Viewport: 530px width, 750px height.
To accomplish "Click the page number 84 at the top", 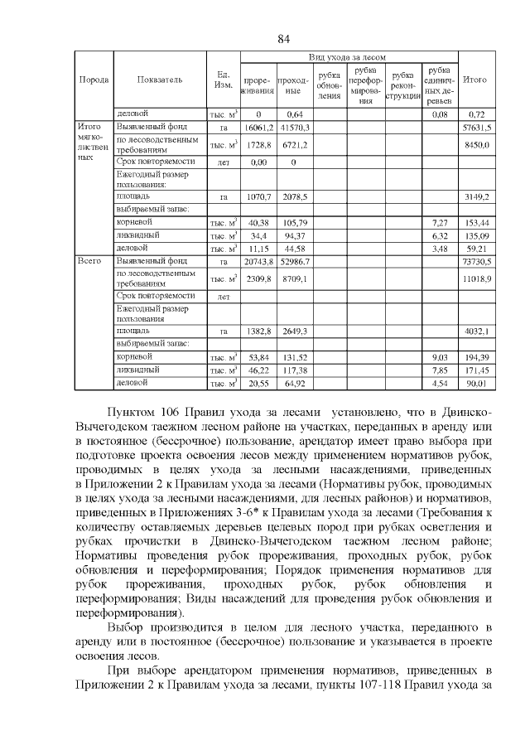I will point(282,39).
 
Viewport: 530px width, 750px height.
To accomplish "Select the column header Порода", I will point(93,80).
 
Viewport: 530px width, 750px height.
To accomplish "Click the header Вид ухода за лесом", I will point(347,56).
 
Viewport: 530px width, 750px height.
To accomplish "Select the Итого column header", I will point(475,80).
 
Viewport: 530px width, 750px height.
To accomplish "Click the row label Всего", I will point(89,260).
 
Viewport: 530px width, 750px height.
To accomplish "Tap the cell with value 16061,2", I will point(258,128).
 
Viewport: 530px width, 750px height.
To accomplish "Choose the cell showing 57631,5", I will point(477,128).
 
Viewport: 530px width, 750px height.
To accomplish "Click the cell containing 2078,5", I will point(294,196).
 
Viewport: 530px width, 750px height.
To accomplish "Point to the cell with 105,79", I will point(294,223).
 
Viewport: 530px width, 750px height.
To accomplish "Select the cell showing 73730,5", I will point(477,261).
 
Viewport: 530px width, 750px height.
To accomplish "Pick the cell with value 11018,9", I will point(477,278).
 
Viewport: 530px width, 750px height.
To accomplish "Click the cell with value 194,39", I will point(477,357).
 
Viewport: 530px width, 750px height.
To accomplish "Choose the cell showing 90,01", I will point(477,384).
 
